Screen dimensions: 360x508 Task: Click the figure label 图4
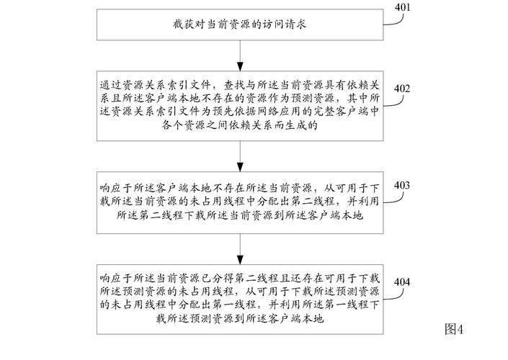tap(455, 330)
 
